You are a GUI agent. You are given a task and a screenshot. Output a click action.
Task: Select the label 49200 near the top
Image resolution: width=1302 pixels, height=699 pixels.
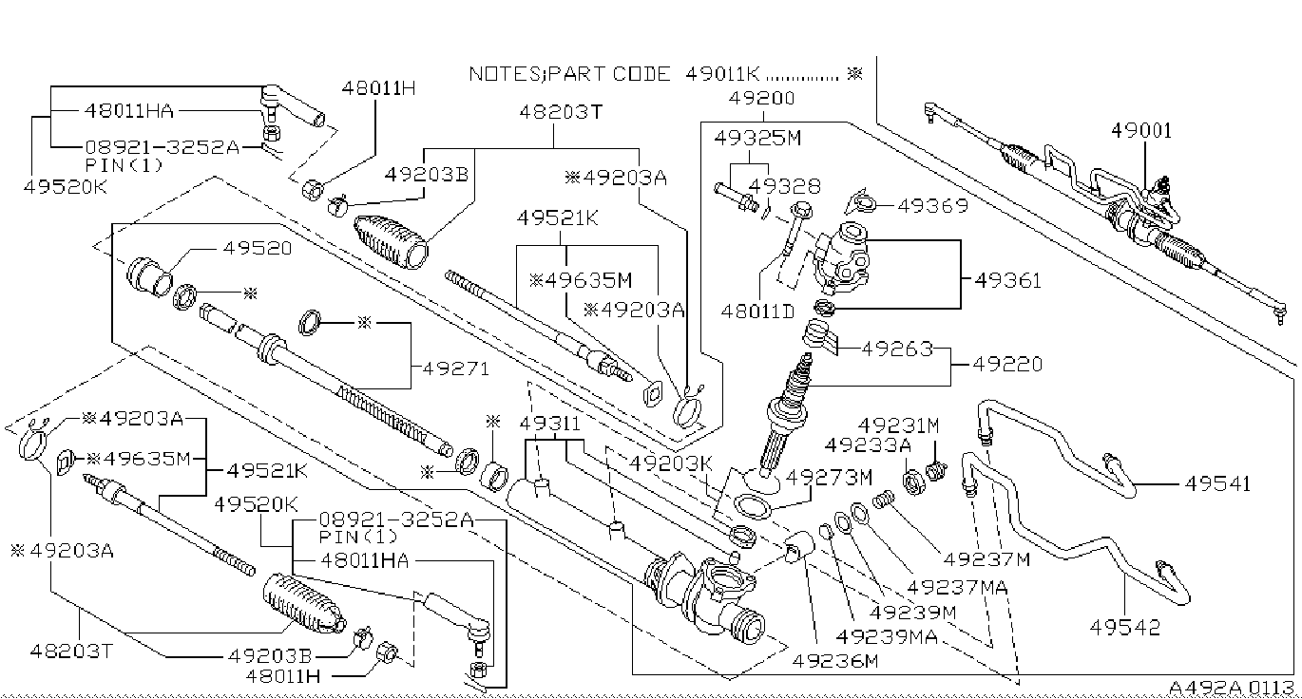coord(761,98)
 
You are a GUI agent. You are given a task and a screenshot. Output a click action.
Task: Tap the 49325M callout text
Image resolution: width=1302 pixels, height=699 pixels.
coord(758,139)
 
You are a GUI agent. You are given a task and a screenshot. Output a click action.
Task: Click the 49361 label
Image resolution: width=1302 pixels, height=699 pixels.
coord(1007,280)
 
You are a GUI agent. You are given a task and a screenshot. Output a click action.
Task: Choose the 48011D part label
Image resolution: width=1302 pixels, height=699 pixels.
coord(756,311)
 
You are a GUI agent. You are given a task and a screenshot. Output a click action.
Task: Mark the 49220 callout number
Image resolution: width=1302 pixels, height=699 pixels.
coord(1008,364)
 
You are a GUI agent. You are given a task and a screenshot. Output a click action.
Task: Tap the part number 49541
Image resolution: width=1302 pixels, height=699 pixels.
coord(1218,482)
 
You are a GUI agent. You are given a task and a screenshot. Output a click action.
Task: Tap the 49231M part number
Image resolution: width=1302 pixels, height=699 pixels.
coord(898,425)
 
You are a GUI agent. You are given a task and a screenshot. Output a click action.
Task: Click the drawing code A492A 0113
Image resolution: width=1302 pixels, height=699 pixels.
coord(1232,688)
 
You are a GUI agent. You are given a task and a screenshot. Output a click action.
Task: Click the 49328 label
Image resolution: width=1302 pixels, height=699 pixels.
coord(785,187)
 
